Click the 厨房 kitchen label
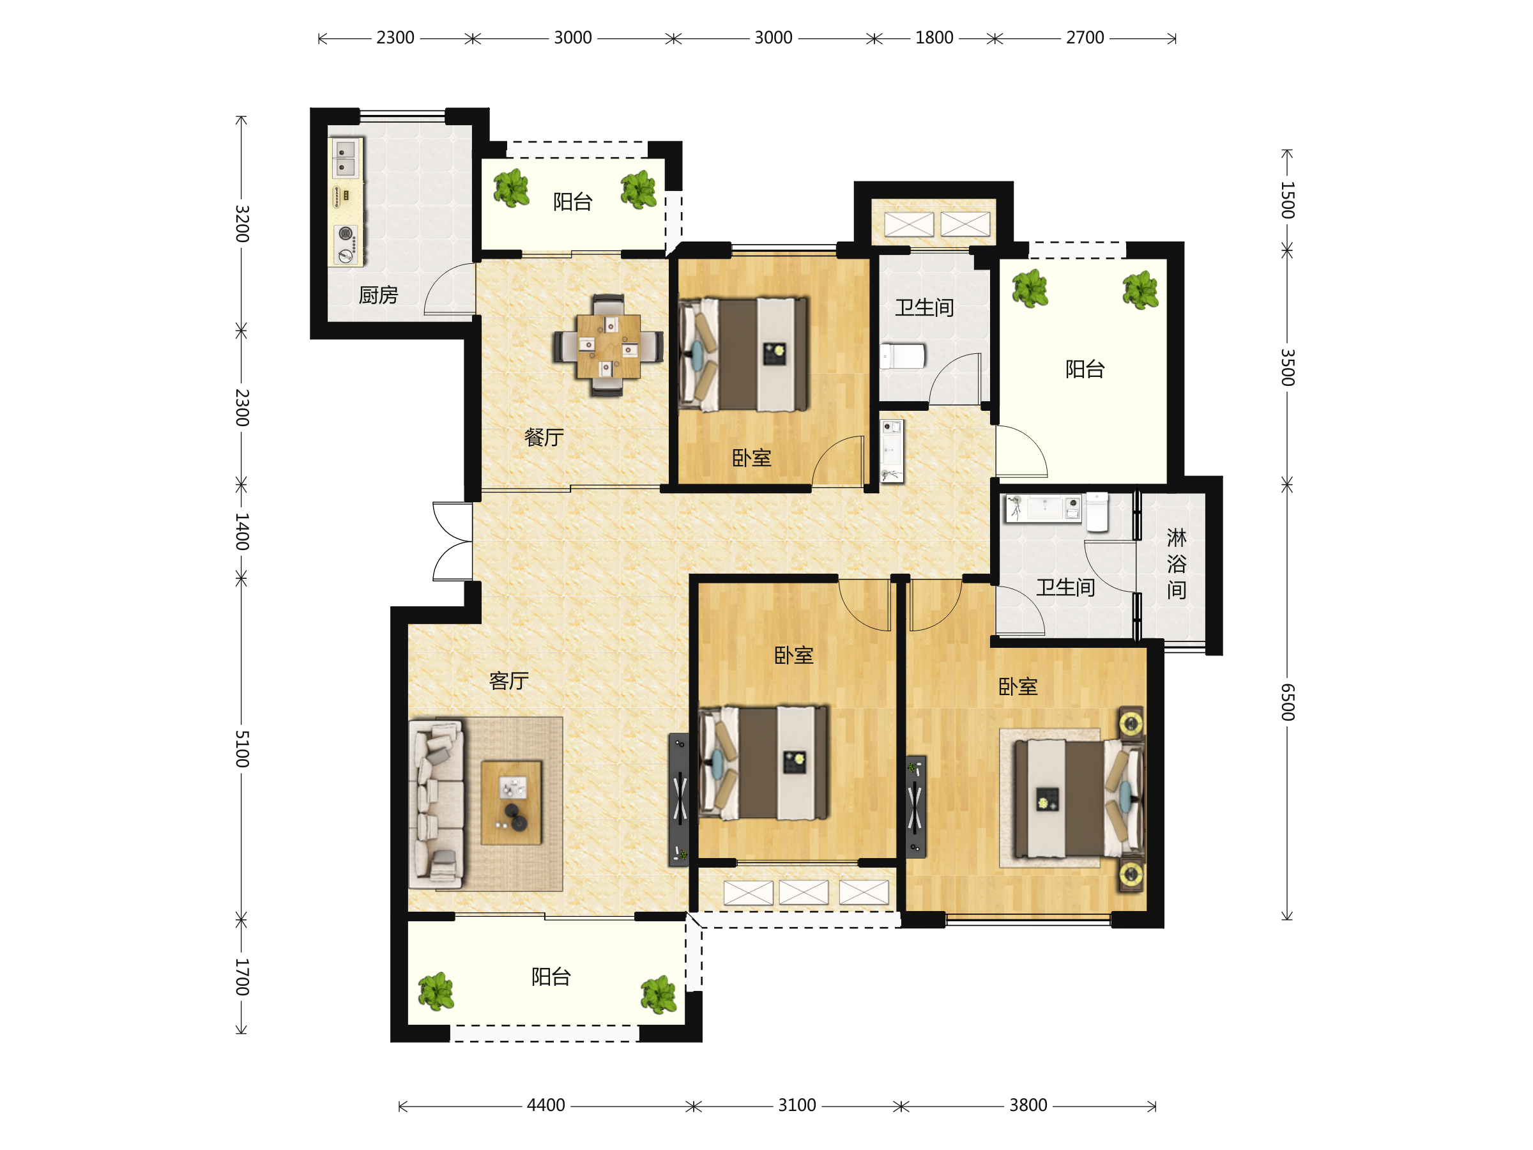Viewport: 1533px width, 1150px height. pos(378,295)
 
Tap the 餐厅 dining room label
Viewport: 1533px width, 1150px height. pos(544,438)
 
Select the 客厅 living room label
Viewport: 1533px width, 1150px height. pos(509,680)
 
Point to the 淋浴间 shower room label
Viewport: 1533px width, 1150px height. pos(1176,563)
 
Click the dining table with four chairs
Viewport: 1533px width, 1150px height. pos(608,346)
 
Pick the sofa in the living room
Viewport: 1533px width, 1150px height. pos(436,805)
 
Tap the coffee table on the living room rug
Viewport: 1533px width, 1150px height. pos(512,802)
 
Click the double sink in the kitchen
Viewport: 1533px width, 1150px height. pos(345,158)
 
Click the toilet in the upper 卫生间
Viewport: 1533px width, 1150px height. pos(903,356)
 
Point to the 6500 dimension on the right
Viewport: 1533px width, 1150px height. pos(1287,701)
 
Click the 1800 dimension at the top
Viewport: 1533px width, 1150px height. pos(934,38)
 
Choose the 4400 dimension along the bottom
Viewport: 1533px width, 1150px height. pos(546,1105)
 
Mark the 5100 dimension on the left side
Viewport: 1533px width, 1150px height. pos(241,749)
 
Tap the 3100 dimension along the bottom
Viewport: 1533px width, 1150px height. pos(797,1105)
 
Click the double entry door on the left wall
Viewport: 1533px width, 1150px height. pos(452,541)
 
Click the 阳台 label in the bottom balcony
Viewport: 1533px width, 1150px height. pos(551,977)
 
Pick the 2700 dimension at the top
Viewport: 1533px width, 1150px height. pos(1085,38)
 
